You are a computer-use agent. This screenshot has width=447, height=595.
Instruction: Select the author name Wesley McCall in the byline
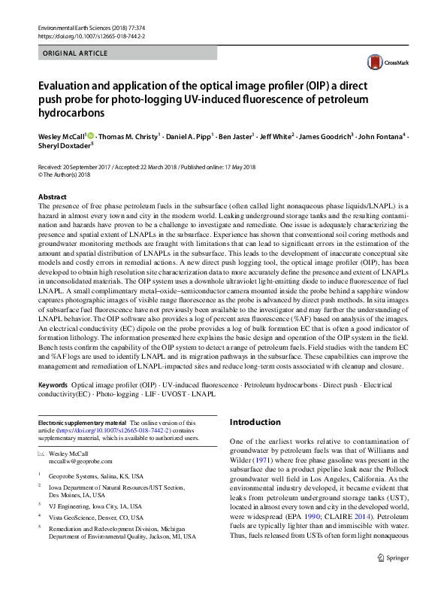[62, 137]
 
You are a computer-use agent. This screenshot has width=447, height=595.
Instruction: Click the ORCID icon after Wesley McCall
[91, 136]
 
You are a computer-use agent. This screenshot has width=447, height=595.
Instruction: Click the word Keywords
[53, 384]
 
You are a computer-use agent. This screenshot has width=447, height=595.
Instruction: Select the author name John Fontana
[379, 137]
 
